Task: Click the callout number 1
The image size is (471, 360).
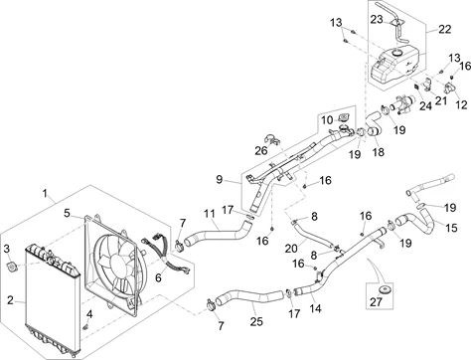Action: tap(46, 193)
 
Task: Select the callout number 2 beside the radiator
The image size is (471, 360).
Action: tap(11, 300)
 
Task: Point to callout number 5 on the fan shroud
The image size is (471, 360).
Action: tap(68, 213)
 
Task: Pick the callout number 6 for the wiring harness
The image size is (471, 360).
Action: tap(158, 277)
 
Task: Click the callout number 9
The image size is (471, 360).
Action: tap(220, 179)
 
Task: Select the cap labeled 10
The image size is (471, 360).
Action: tap(343, 117)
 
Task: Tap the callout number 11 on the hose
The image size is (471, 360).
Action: tap(210, 214)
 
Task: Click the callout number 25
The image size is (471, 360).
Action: tap(256, 321)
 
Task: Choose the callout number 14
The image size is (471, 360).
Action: tap(316, 308)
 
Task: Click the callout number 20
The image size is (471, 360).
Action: tap(291, 249)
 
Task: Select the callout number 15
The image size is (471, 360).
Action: tap(451, 228)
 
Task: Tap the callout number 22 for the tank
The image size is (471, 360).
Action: tap(445, 29)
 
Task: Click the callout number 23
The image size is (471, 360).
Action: tap(377, 20)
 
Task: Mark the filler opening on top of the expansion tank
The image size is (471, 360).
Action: tap(396, 53)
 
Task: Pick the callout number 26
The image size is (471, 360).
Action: tap(261, 151)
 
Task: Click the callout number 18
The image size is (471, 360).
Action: tap(379, 152)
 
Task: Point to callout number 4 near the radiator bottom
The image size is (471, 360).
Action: tap(89, 314)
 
